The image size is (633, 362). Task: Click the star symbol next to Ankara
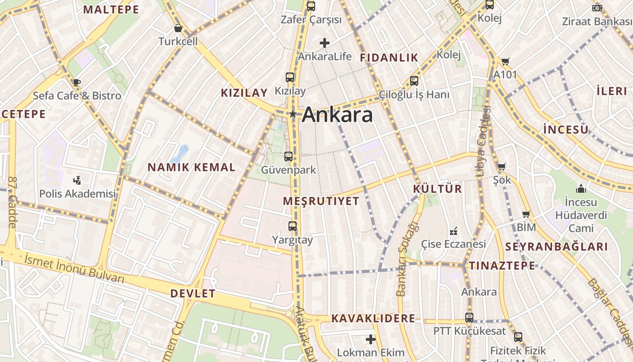click(x=293, y=114)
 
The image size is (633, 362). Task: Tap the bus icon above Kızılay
click(x=290, y=77)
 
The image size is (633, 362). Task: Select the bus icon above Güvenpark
click(x=288, y=157)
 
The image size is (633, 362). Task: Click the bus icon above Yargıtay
click(x=293, y=226)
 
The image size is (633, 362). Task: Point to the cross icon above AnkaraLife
click(x=324, y=43)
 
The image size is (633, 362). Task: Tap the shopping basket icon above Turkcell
click(x=178, y=28)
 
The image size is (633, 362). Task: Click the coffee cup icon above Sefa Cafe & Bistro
click(x=76, y=82)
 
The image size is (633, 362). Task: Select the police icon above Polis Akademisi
click(x=77, y=180)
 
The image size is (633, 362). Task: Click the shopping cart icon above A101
click(x=505, y=61)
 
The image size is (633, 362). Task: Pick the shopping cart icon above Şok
click(x=501, y=167)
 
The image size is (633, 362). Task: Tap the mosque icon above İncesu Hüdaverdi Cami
click(x=581, y=188)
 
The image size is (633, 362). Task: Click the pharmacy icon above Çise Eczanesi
click(x=453, y=231)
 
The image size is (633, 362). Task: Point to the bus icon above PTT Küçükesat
click(x=469, y=318)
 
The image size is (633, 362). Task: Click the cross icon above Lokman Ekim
click(x=370, y=339)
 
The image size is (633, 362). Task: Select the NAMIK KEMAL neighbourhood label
click(x=191, y=167)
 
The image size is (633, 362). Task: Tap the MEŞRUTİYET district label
click(x=321, y=201)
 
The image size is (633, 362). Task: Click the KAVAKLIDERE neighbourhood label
click(x=373, y=318)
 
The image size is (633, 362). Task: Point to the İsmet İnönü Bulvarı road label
click(x=75, y=268)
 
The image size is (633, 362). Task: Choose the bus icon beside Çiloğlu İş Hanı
click(x=414, y=81)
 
